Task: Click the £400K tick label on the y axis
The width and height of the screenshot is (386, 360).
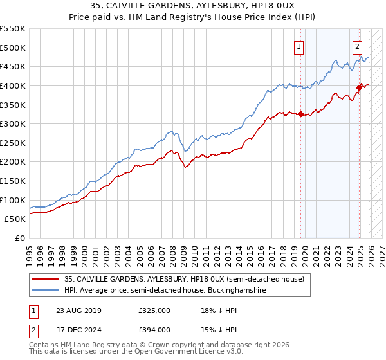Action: [13, 85]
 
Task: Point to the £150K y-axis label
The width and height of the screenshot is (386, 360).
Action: [13, 181]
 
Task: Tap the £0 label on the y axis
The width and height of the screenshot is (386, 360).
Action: [20, 239]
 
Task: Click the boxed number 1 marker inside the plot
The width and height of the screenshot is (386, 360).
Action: [300, 46]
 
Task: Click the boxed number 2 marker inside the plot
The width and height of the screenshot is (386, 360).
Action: [357, 46]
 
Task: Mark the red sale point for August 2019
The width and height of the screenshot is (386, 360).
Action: [300, 114]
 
